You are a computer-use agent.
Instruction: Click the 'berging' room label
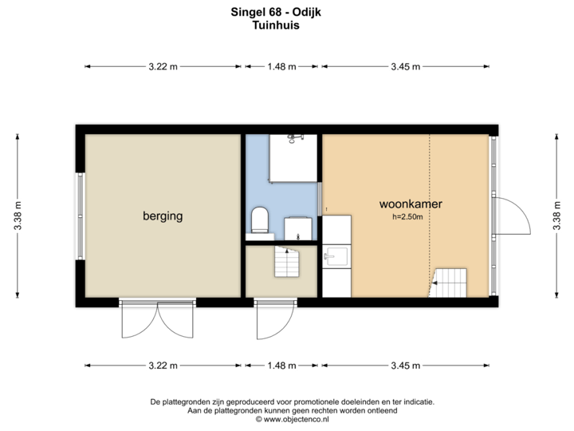(163, 215)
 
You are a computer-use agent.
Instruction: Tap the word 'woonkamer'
(411, 204)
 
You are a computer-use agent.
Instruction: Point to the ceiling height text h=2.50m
(407, 216)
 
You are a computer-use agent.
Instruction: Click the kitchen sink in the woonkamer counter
(336, 255)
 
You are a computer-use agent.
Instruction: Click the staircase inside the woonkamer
(450, 281)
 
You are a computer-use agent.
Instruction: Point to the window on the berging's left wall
(79, 215)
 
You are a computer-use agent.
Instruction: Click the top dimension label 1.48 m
(281, 67)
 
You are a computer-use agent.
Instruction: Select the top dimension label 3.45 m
(405, 67)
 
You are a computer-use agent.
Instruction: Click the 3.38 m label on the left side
(18, 215)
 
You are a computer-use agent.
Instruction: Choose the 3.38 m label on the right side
(556, 215)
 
